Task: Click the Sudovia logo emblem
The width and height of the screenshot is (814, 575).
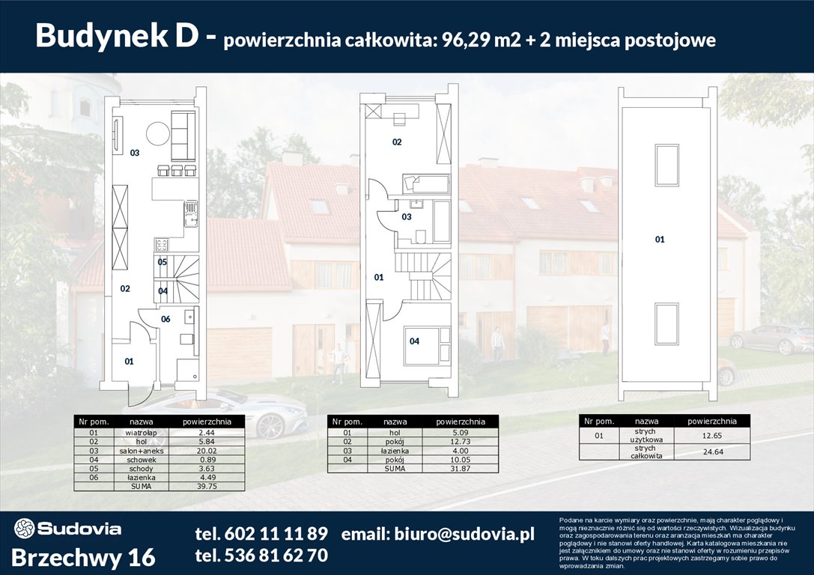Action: pos(24,529)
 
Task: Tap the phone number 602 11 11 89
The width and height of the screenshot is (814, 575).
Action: pos(261,534)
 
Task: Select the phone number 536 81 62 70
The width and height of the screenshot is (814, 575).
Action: pos(261,556)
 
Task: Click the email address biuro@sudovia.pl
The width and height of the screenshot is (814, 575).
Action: pos(438,534)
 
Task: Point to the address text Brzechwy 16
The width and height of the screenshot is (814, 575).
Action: pos(84,558)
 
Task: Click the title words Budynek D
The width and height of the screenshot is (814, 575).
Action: pos(125,36)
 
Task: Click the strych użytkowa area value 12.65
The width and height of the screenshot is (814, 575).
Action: pos(711,436)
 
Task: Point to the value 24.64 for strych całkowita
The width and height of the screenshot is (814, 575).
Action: pos(711,452)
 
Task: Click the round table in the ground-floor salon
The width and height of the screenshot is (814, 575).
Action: pos(158,135)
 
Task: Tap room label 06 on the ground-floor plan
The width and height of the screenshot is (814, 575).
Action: pos(165,319)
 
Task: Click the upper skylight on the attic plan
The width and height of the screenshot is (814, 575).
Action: pos(666,165)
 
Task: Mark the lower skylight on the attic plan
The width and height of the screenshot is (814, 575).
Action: pos(666,324)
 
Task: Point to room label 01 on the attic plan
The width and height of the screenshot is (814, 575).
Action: pos(660,240)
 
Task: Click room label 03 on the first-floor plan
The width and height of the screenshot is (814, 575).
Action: pos(407,217)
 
